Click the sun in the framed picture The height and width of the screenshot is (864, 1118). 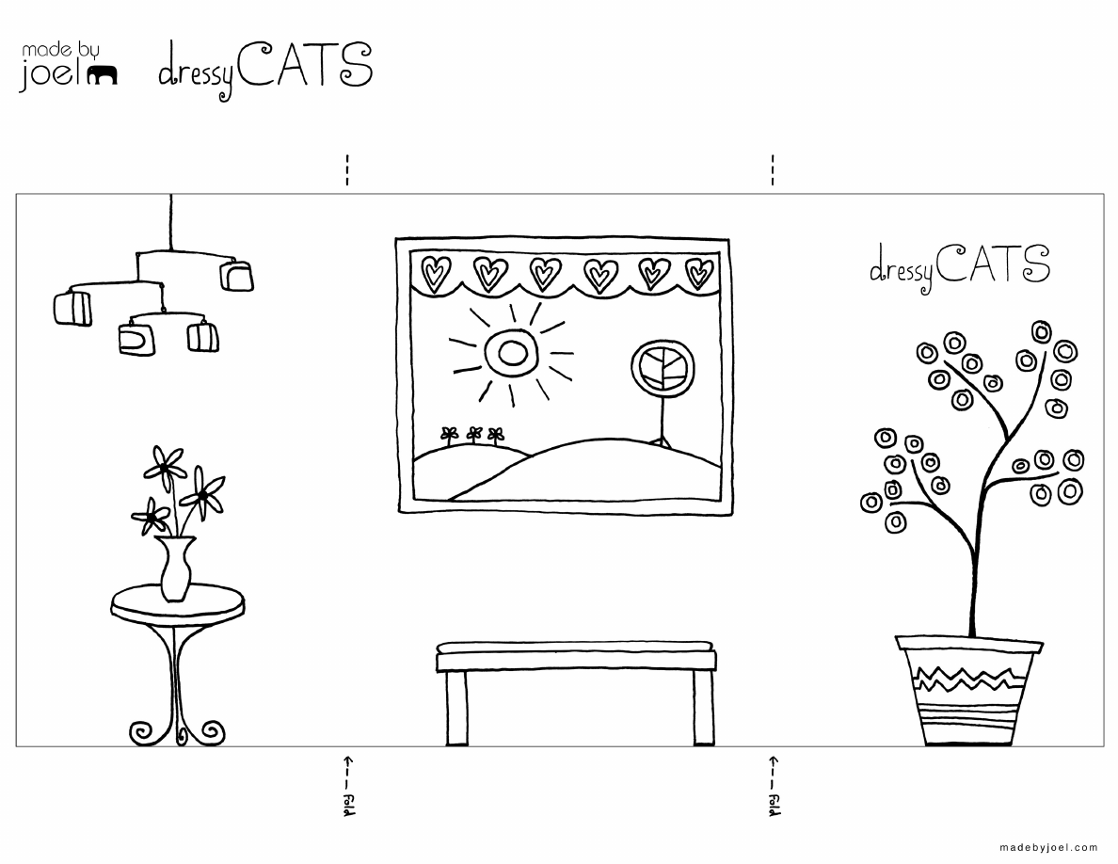click(x=510, y=352)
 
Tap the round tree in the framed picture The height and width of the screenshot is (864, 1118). click(x=663, y=368)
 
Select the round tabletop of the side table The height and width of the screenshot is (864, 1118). click(x=178, y=603)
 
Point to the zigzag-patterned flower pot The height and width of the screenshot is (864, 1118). click(x=969, y=690)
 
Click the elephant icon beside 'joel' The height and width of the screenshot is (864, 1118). click(x=102, y=75)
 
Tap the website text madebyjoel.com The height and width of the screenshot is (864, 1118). click(x=1048, y=847)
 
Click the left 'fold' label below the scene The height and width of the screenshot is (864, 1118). click(x=348, y=804)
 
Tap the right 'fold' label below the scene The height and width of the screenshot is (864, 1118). click(x=774, y=804)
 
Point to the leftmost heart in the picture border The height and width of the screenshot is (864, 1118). click(x=436, y=272)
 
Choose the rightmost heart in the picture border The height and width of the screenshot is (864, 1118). click(x=698, y=273)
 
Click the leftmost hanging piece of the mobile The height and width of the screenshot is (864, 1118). click(x=72, y=308)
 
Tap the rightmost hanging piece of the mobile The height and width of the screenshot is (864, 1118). click(x=237, y=276)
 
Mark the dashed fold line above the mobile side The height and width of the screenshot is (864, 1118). click(x=347, y=169)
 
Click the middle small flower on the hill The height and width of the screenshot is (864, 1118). click(x=474, y=435)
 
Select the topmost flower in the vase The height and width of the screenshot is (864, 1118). click(x=166, y=464)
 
